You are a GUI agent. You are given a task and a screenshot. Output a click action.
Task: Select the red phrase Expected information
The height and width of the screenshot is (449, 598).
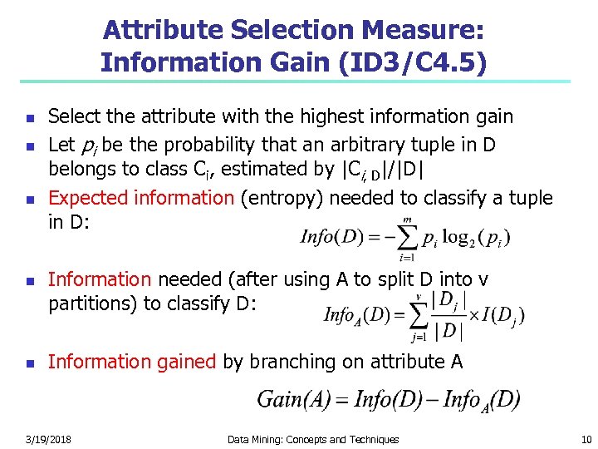tap(141, 198)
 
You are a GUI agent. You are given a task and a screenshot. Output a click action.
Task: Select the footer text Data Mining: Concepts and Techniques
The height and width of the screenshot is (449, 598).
tap(313, 439)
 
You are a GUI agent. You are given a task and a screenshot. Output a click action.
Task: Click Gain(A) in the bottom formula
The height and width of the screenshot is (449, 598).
tap(290, 399)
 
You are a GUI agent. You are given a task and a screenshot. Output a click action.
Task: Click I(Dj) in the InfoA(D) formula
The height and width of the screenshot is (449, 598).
tap(503, 315)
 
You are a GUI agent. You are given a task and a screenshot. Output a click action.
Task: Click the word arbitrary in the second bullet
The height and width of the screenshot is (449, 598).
tap(366, 146)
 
